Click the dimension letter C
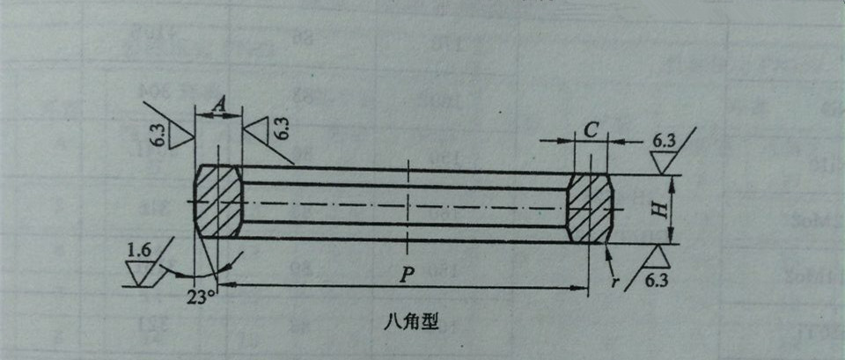tap(591, 129)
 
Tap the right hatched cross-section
tap(589, 208)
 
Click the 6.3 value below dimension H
tap(657, 281)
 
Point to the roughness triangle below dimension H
tap(658, 257)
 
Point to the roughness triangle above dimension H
tap(663, 162)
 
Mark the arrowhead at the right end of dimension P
tap(584, 286)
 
